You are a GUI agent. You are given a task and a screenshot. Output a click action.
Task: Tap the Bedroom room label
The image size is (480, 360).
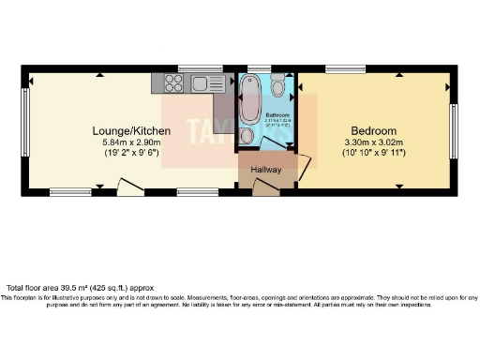point(374,130)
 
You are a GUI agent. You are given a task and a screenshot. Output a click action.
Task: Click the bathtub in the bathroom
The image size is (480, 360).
point(250,99)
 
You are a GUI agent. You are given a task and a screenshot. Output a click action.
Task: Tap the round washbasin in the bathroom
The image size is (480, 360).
point(246,136)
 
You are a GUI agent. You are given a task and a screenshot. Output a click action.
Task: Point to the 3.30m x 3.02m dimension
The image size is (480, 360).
point(374,142)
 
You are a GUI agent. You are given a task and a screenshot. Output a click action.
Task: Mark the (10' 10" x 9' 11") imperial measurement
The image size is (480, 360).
point(374,153)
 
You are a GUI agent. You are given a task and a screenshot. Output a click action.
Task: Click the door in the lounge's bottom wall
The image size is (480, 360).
point(130,189)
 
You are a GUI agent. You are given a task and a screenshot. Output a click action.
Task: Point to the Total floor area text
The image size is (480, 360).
point(79,288)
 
